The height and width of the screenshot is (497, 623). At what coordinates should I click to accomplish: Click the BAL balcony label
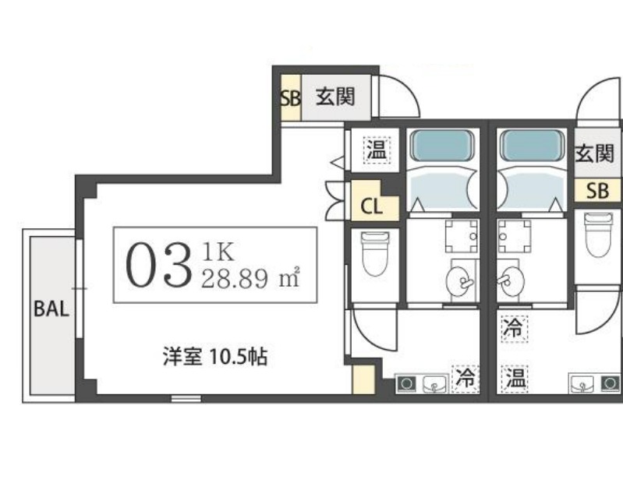tap(51, 308)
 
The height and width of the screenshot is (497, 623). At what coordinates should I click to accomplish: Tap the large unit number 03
tap(158, 266)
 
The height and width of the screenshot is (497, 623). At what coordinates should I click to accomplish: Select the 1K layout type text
tap(218, 252)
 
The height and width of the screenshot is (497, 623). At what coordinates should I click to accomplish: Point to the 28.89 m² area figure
tap(250, 278)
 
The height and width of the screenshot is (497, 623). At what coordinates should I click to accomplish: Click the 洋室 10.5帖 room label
tap(215, 357)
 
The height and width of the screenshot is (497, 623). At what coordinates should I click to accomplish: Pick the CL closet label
tap(371, 206)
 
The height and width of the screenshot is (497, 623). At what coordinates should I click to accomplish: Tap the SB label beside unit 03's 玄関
tap(290, 98)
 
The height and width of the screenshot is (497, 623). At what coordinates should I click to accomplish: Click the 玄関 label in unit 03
tap(335, 97)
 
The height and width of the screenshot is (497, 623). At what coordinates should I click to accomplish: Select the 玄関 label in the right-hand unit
tap(595, 153)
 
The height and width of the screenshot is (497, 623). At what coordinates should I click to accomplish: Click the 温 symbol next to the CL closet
tap(377, 150)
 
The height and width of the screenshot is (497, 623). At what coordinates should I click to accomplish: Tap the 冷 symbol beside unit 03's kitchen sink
tap(465, 378)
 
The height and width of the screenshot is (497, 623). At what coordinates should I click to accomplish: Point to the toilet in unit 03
tap(375, 254)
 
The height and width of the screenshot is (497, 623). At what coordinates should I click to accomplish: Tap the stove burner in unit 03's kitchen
tap(406, 384)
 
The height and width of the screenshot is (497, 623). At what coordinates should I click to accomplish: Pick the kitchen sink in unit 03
tap(434, 384)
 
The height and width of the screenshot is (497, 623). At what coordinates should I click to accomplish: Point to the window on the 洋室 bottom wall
tap(186, 398)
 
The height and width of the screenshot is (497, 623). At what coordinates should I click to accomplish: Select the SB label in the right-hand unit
tap(597, 191)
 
